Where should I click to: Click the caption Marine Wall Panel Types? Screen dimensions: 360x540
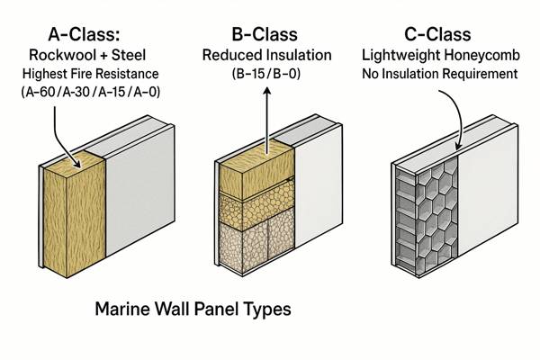click(193, 311)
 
